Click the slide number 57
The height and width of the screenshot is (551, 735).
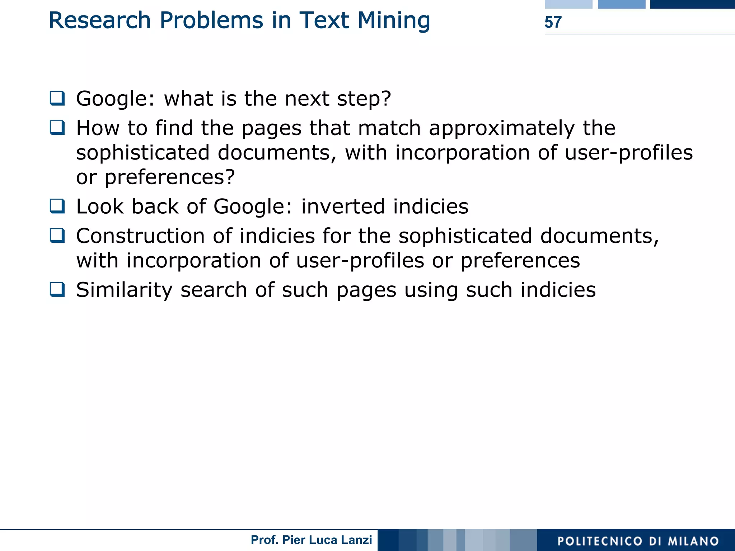click(x=553, y=22)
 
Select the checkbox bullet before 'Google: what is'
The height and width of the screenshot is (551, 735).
click(x=57, y=98)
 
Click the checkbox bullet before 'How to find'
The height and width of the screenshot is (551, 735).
click(x=57, y=127)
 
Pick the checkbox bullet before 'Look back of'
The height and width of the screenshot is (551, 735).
click(x=57, y=206)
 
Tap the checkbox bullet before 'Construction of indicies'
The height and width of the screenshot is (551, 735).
click(x=57, y=236)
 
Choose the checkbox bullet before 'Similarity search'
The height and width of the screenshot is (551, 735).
click(x=57, y=289)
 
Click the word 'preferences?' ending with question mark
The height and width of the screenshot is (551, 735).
click(x=170, y=177)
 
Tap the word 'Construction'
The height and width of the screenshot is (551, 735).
click(x=140, y=236)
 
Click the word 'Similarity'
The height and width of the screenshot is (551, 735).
click(x=124, y=290)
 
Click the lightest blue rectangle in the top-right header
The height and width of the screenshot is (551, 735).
click(x=568, y=4)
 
